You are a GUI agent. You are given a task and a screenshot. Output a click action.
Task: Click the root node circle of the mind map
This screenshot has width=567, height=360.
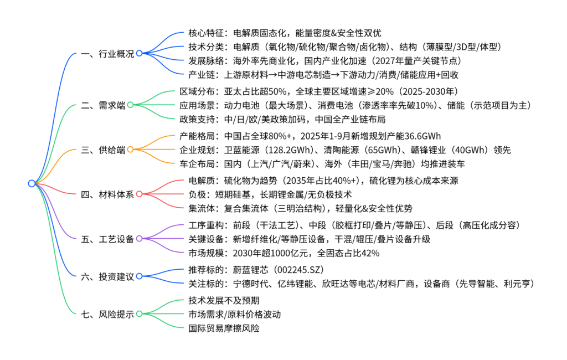tap(32, 183)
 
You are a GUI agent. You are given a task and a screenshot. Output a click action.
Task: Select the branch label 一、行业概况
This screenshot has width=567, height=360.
tap(107, 54)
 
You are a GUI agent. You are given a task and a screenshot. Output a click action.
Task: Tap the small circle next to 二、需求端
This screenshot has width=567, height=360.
tap(130, 104)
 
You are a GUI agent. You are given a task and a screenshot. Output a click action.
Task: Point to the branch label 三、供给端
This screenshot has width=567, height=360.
tap(103, 149)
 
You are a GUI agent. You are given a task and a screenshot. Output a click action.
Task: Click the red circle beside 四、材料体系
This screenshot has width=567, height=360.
tap(139, 194)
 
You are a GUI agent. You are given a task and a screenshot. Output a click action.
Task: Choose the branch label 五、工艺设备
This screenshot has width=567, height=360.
tap(107, 239)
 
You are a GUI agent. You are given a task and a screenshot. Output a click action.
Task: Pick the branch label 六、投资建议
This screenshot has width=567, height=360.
tap(107, 276)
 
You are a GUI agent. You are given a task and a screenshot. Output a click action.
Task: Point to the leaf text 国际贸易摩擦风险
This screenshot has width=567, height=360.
tap(224, 328)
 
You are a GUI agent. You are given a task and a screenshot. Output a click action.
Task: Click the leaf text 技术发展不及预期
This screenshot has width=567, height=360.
tap(224, 300)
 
